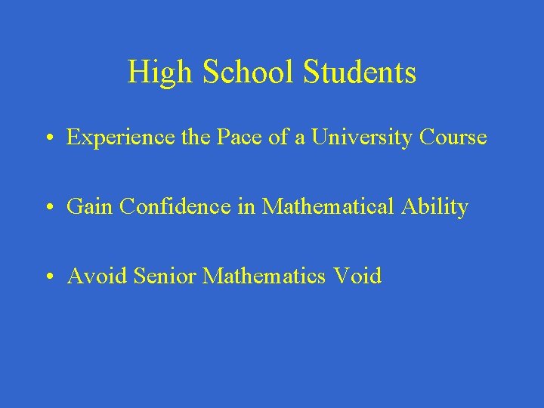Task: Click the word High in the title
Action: [151, 73]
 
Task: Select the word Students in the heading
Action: [360, 73]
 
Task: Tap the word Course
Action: [453, 138]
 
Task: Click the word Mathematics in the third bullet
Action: [264, 277]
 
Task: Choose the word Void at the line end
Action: [357, 277]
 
